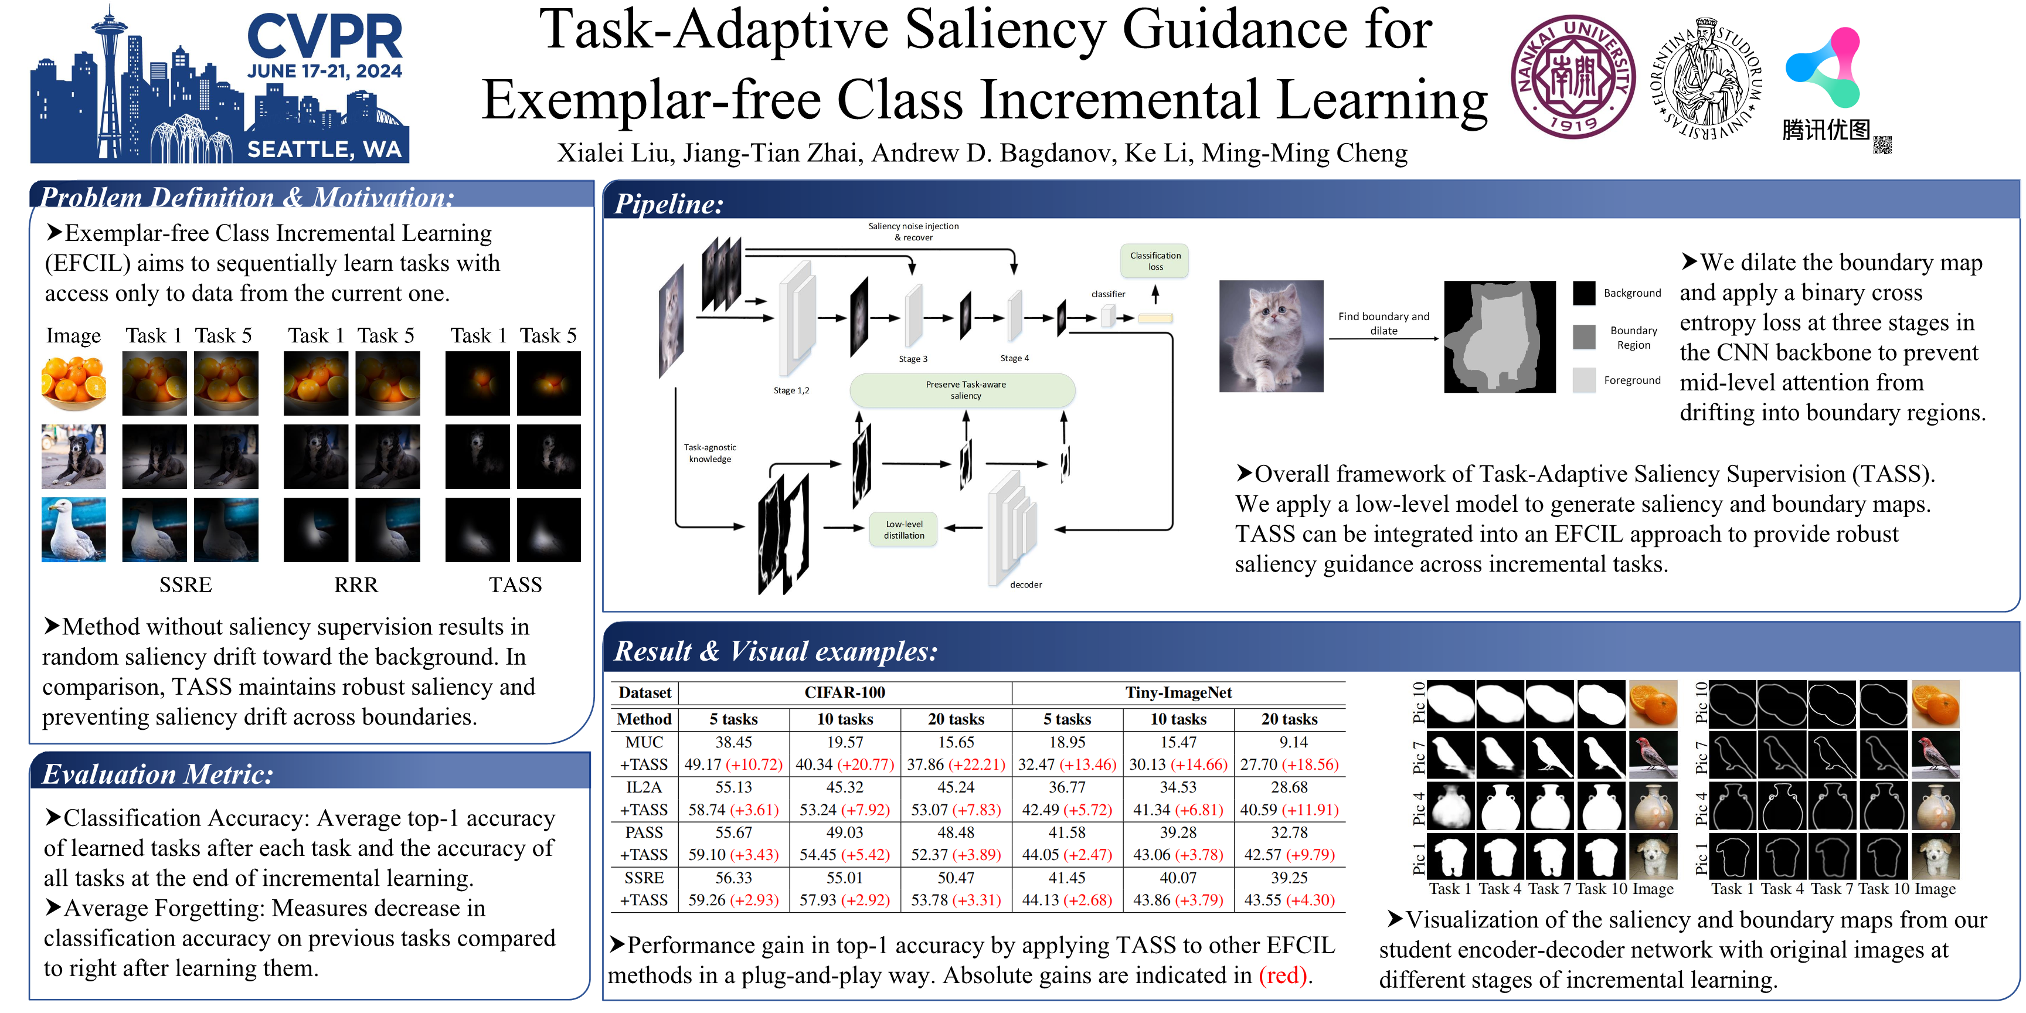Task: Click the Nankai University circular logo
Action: pyautogui.click(x=1573, y=76)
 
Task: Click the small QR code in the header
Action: pyautogui.click(x=1881, y=145)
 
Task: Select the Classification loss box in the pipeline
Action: pyautogui.click(x=1154, y=261)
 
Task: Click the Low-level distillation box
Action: pyautogui.click(x=904, y=529)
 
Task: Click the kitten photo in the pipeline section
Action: pyautogui.click(x=1271, y=336)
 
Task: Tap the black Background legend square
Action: pyautogui.click(x=1584, y=293)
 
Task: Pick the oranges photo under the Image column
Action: pyautogui.click(x=74, y=383)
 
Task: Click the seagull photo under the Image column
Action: pyautogui.click(x=74, y=529)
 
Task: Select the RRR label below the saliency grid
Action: pyautogui.click(x=355, y=584)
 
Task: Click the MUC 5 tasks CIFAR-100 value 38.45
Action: pyautogui.click(x=733, y=742)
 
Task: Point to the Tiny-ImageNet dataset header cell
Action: pyautogui.click(x=1178, y=692)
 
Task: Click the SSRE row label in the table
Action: pyautogui.click(x=643, y=877)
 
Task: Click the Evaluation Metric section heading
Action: pyautogui.click(x=157, y=774)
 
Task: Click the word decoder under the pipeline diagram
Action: pyautogui.click(x=1025, y=584)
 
